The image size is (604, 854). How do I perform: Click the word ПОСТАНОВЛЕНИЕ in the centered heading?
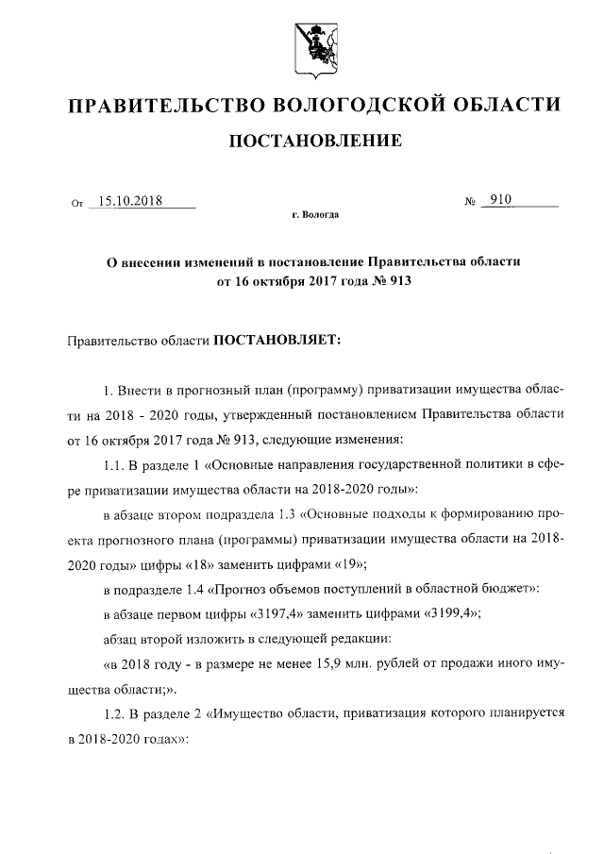(x=315, y=142)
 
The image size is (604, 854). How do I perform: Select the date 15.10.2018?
(x=130, y=200)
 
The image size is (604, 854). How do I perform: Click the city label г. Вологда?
(x=315, y=216)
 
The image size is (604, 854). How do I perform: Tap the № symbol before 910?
(x=468, y=202)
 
